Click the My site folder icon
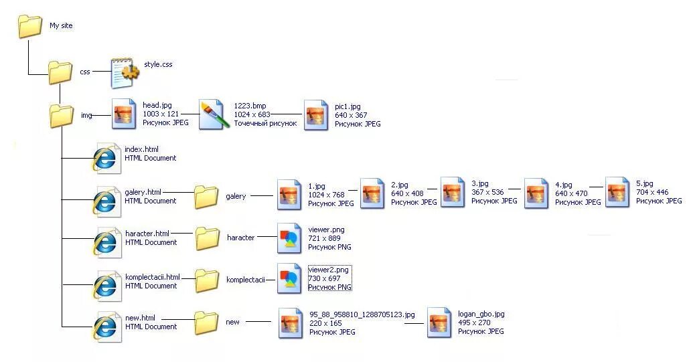point(30,26)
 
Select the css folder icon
point(60,72)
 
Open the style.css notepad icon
point(125,72)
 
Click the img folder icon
point(62,115)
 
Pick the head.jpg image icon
point(124,114)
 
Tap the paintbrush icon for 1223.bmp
point(214,114)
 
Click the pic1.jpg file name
point(348,106)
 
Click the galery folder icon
point(206,197)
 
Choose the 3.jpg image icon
point(453,192)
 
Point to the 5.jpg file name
point(644,184)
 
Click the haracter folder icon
point(207,238)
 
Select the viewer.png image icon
point(289,239)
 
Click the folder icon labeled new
point(206,323)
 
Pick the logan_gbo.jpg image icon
point(439,323)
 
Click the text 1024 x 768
point(326,195)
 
